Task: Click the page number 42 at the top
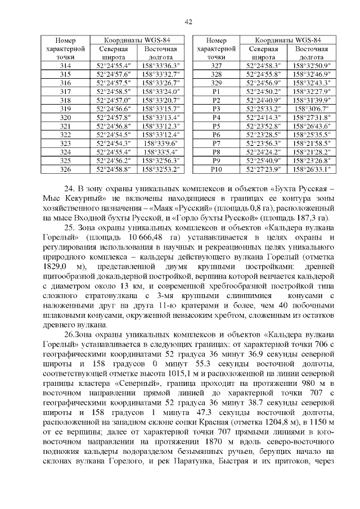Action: pyautogui.click(x=188, y=22)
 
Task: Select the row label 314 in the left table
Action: pyautogui.click(x=65, y=66)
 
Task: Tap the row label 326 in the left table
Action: pyautogui.click(x=65, y=169)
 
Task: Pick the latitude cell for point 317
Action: pyautogui.click(x=114, y=92)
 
